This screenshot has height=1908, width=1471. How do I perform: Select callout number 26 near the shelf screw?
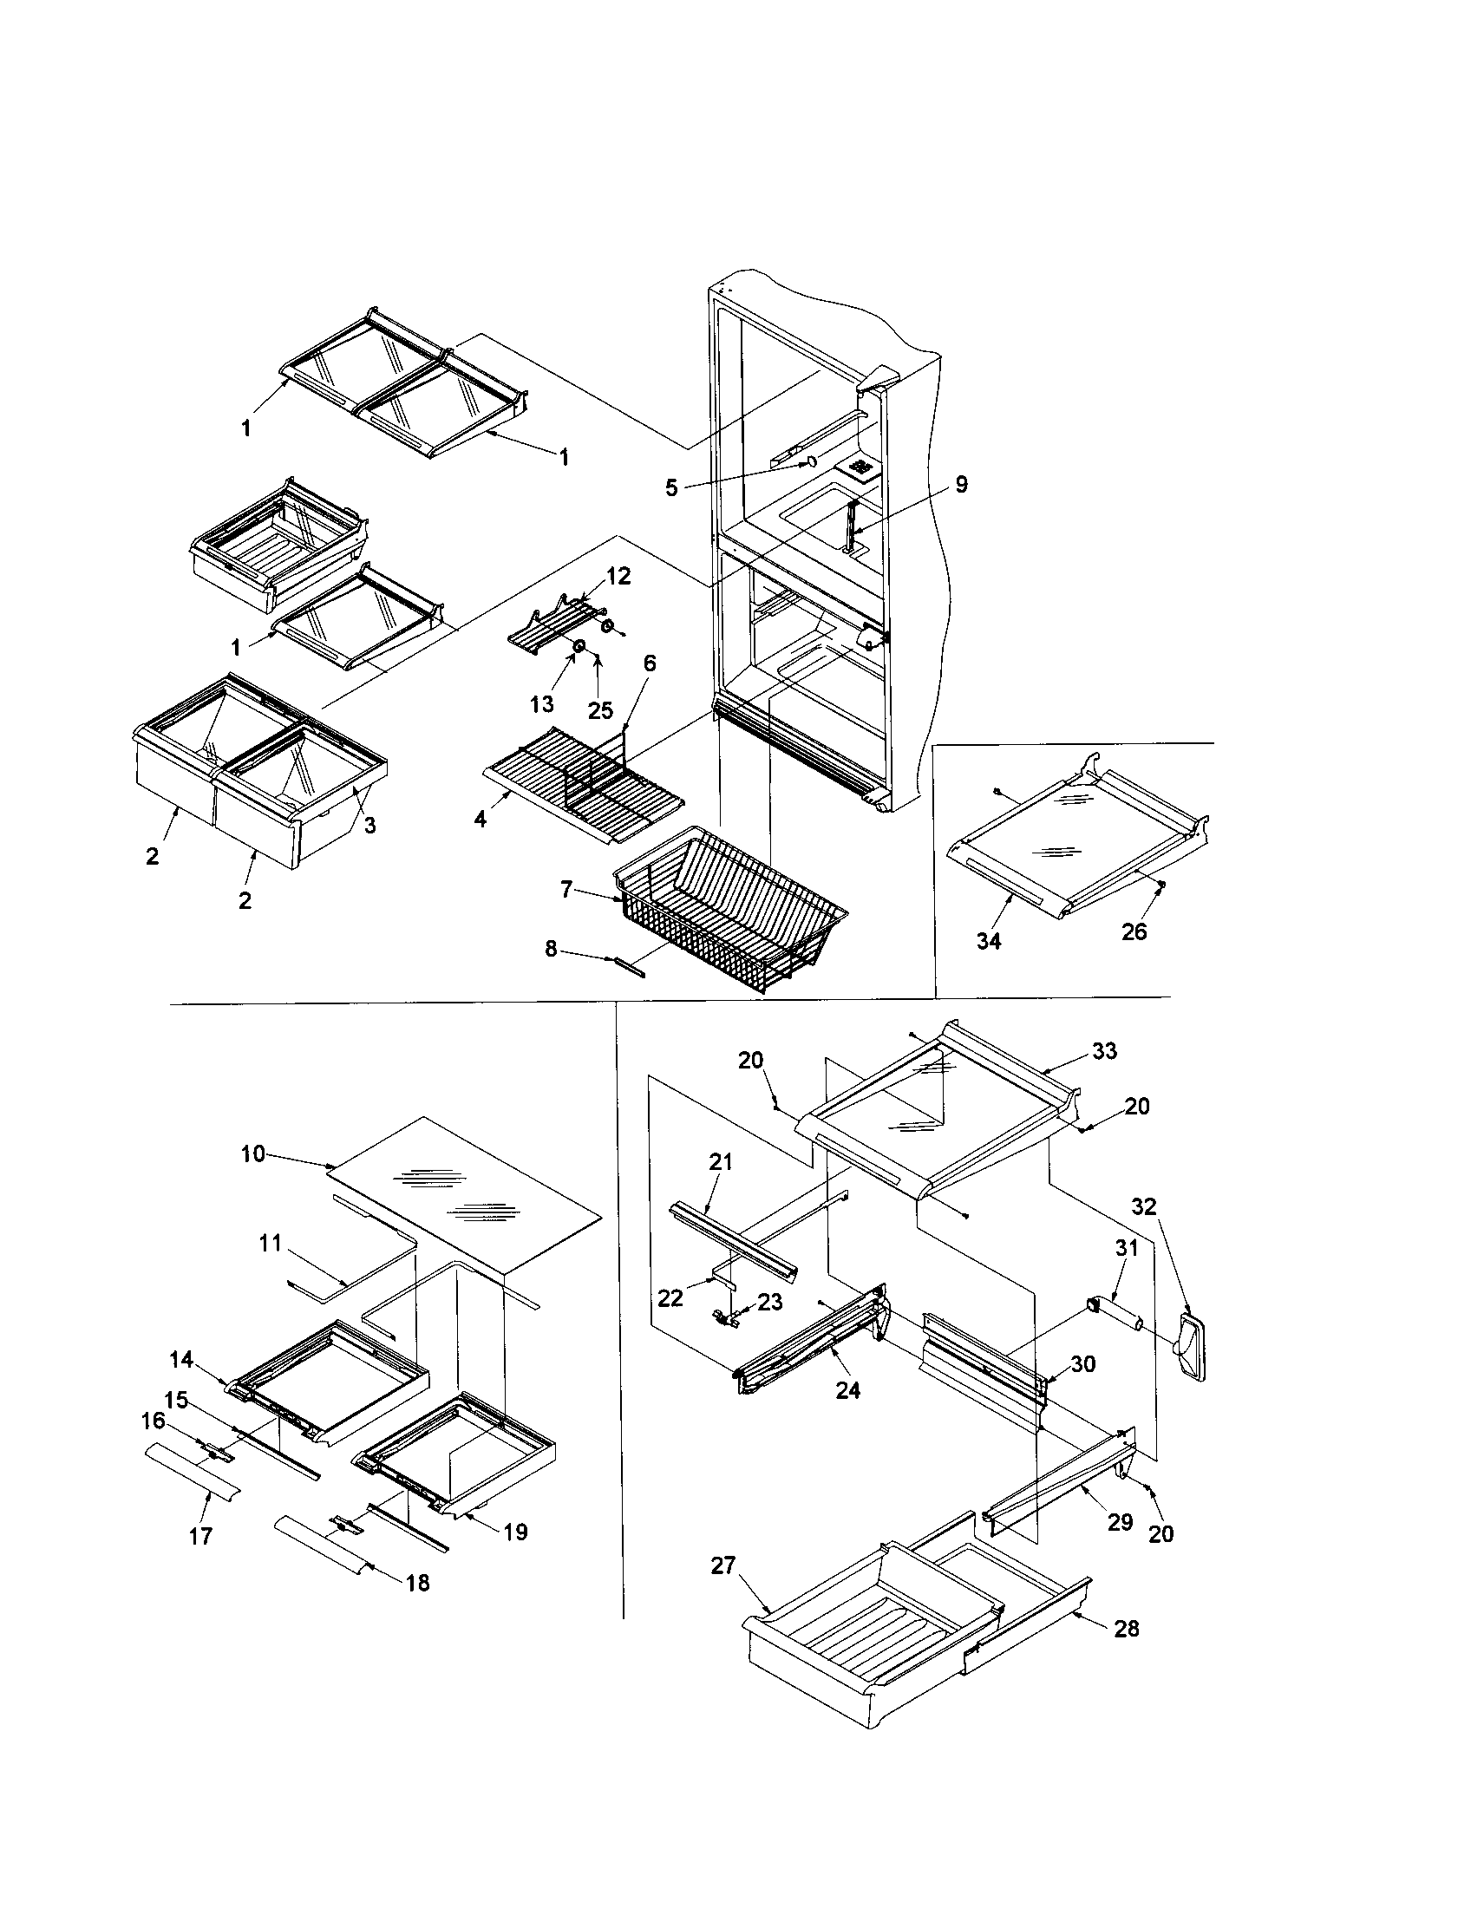(x=1134, y=932)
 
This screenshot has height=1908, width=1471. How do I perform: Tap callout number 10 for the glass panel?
(x=253, y=1154)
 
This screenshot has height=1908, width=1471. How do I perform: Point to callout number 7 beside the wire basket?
(x=567, y=889)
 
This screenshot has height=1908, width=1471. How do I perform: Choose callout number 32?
(x=1143, y=1206)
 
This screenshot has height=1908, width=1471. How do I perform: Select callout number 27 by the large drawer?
(x=722, y=1566)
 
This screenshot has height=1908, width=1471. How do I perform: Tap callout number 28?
(x=1127, y=1629)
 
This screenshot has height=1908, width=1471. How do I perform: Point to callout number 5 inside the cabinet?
(x=670, y=487)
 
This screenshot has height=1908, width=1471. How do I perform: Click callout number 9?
(x=961, y=485)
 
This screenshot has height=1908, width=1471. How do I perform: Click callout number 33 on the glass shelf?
(x=1104, y=1051)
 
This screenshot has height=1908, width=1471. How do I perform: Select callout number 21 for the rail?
(x=721, y=1162)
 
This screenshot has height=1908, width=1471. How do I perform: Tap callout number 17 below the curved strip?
(x=200, y=1536)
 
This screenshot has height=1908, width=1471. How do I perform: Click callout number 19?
(x=515, y=1532)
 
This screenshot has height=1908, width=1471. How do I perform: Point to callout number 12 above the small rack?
(x=618, y=577)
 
